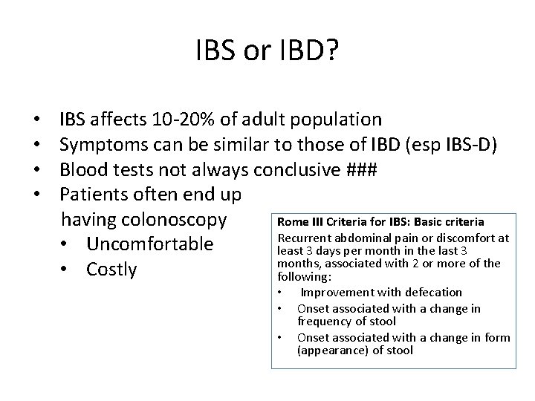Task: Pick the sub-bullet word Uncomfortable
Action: pos(149,245)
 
